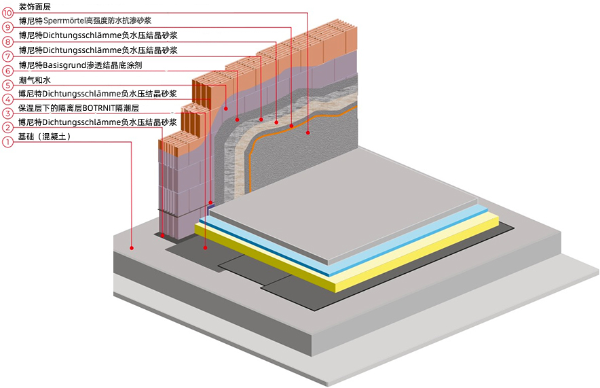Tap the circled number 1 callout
click(x=7, y=142)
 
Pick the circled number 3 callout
click(x=7, y=113)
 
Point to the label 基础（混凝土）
click(x=45, y=137)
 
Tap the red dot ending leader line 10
click(x=307, y=133)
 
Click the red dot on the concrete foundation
click(x=134, y=249)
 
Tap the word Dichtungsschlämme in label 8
click(x=80, y=35)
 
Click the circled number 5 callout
click(x=7, y=85)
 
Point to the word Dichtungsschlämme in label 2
click(x=80, y=122)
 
